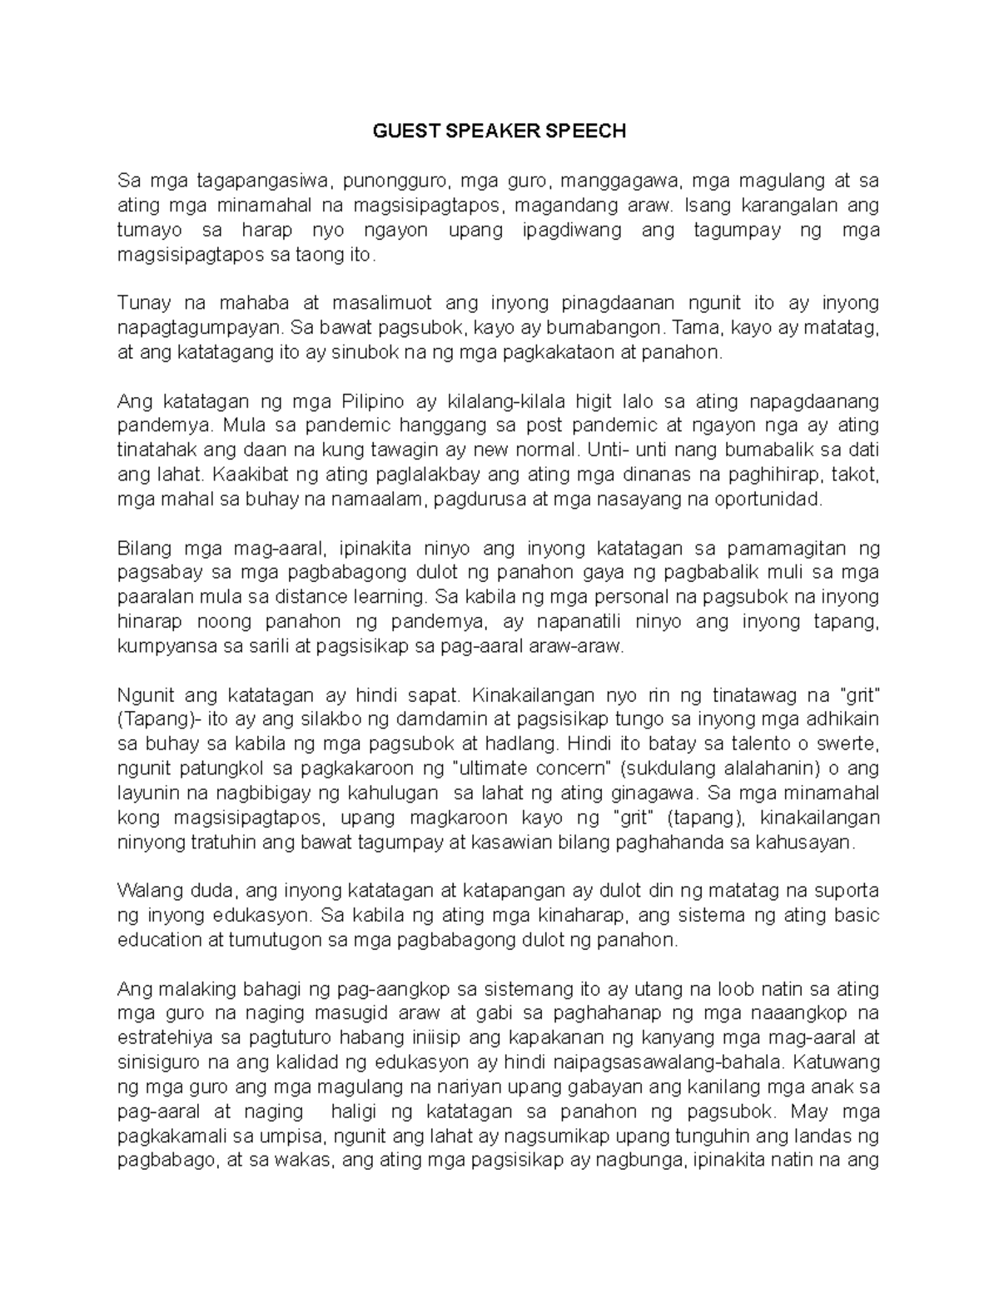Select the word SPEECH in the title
tap(590, 132)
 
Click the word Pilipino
tap(374, 401)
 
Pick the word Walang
tap(148, 891)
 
